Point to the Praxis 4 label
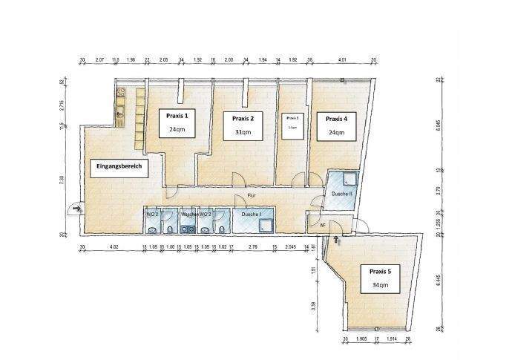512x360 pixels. pos(336,118)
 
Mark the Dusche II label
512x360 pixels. pos(342,194)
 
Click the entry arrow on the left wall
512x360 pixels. pos(74,209)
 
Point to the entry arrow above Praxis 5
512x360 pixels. pos(338,239)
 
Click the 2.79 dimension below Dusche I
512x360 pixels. pos(253,246)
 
